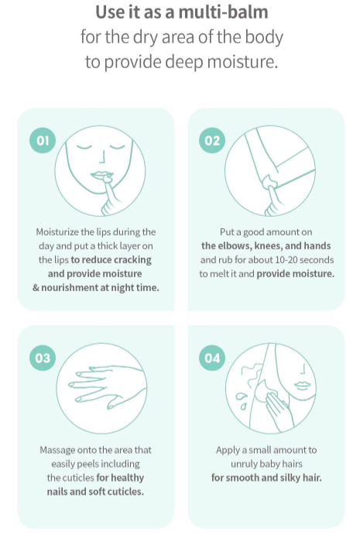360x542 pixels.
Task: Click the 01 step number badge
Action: pyautogui.click(x=43, y=140)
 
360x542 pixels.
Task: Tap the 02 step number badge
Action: pyautogui.click(x=212, y=140)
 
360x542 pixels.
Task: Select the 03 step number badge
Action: pyautogui.click(x=43, y=358)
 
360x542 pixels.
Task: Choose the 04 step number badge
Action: pyautogui.click(x=212, y=358)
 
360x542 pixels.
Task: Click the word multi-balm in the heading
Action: pyautogui.click(x=223, y=12)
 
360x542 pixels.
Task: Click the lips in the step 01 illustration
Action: pyautogui.click(x=101, y=174)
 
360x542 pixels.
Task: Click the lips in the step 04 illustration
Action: pyautogui.click(x=303, y=385)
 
